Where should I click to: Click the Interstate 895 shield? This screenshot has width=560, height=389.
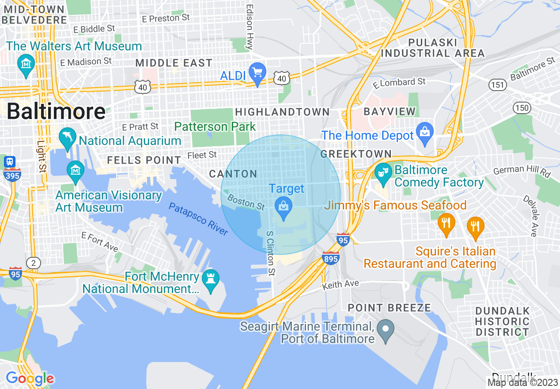click(330, 258)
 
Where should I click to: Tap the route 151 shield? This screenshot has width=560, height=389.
click(498, 84)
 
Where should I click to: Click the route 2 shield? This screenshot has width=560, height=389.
click(33, 263)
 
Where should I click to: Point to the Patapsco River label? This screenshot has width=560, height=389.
click(198, 219)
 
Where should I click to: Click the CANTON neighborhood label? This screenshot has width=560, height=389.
click(233, 174)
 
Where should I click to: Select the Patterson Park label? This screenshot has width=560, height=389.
click(215, 126)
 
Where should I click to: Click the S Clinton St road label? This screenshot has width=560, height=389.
click(270, 252)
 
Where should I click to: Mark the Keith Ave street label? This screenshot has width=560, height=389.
click(341, 285)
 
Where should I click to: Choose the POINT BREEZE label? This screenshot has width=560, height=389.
click(389, 308)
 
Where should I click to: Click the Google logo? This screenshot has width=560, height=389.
click(30, 379)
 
